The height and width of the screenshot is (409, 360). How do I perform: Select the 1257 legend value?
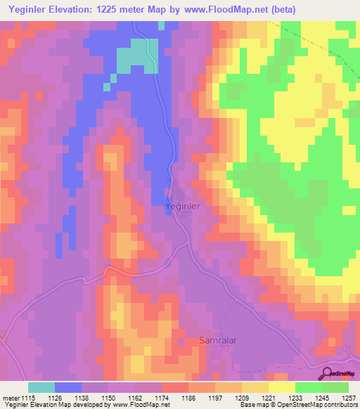tap(348, 398)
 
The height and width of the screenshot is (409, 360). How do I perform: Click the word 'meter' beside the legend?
tap(9, 398)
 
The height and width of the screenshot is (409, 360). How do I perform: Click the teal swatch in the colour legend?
tap(41, 387)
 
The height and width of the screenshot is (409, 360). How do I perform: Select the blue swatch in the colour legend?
tap(68, 387)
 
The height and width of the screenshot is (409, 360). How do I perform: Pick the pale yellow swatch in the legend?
tap(282, 387)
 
